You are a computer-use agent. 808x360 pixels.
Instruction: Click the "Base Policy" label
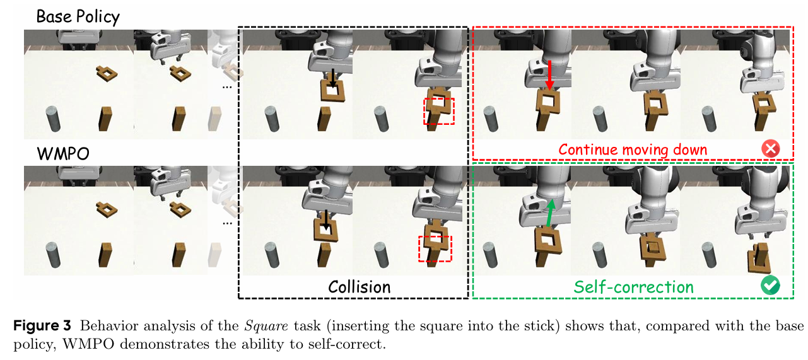tap(78, 16)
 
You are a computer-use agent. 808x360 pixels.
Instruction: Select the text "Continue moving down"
tap(633, 150)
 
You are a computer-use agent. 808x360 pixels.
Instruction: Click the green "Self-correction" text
tap(633, 287)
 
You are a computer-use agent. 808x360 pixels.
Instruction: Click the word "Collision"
tap(359, 287)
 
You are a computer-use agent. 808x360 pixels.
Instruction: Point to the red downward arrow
tap(549, 74)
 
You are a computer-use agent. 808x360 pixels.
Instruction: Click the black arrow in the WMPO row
tap(325, 221)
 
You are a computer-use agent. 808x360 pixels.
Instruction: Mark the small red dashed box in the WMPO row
tap(435, 248)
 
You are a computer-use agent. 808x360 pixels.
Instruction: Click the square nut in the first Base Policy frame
tap(107, 73)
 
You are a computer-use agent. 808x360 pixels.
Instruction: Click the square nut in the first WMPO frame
tap(107, 207)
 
